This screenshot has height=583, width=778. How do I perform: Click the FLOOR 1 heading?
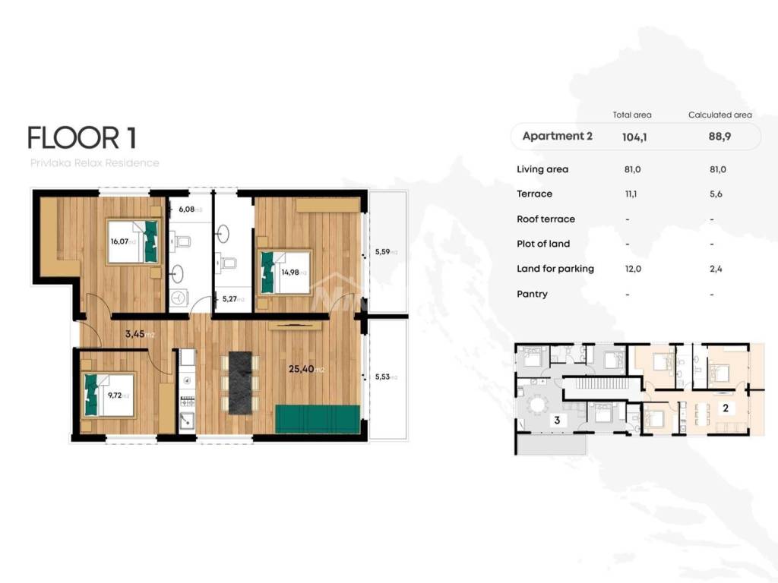(x=82, y=138)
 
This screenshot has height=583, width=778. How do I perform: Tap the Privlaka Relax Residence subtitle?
(x=94, y=163)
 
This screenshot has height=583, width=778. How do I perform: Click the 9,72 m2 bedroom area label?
(x=119, y=395)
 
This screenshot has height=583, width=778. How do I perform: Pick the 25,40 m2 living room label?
(x=306, y=370)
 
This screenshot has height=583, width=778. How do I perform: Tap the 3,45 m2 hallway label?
(x=140, y=332)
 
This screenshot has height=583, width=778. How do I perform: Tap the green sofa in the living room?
(x=317, y=418)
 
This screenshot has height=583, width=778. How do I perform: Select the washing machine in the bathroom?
(x=180, y=298)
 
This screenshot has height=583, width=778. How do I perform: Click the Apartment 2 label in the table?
(x=557, y=137)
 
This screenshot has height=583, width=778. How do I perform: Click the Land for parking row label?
(x=555, y=269)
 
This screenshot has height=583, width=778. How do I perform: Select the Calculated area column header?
(x=719, y=115)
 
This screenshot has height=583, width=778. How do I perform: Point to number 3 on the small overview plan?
(x=557, y=420)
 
